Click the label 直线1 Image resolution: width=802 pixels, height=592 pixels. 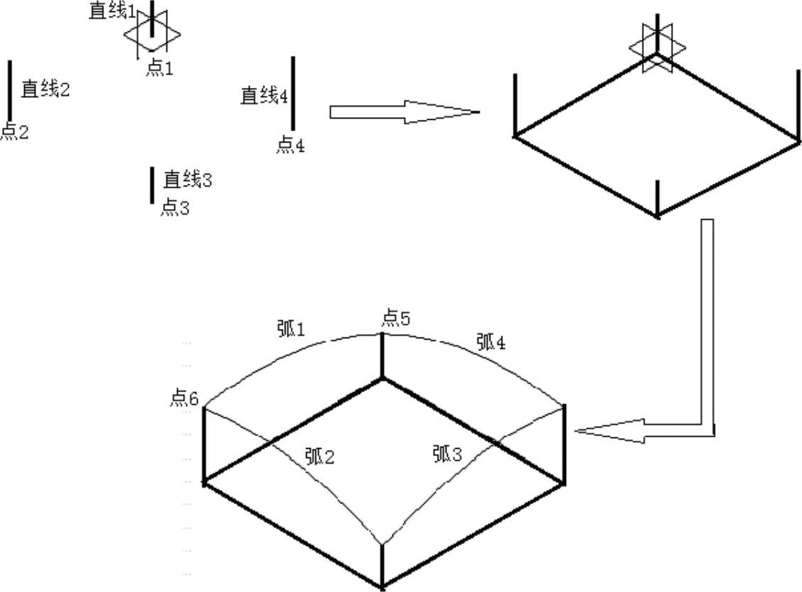[112, 11]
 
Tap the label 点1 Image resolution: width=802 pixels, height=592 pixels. [159, 68]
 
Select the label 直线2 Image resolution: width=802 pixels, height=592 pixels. [45, 89]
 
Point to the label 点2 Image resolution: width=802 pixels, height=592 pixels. [14, 132]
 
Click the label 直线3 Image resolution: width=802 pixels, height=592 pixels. [188, 179]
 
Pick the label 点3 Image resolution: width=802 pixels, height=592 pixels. [175, 208]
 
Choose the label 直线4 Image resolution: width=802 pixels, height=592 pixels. [264, 95]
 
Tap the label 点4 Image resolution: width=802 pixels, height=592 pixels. [290, 145]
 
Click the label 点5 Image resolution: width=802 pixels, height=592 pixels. [395, 319]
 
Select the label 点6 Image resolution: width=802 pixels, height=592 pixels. [183, 398]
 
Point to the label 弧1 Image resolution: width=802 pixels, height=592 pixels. [289, 329]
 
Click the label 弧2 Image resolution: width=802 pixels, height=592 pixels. [320, 456]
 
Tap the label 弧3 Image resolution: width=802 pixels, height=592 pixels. [447, 454]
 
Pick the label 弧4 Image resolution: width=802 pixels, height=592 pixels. [491, 342]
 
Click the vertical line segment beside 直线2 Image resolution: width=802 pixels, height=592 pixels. [10, 91]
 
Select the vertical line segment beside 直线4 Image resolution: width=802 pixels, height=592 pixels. [293, 94]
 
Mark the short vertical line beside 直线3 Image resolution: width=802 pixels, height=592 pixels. [152, 186]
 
